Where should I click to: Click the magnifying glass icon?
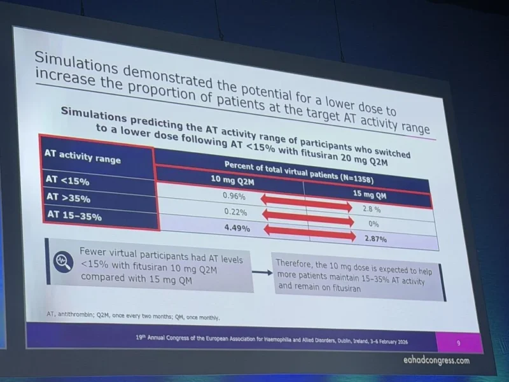(x=64, y=259)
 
